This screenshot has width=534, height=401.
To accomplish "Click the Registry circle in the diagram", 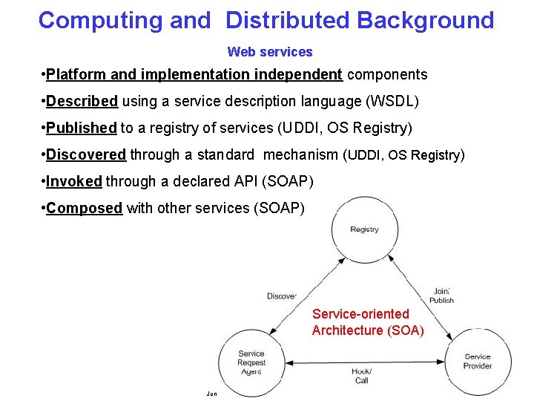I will (364, 229).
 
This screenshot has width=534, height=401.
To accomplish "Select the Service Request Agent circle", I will (251, 362).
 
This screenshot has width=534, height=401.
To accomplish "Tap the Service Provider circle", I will (478, 361).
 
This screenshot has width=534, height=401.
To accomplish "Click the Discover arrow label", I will (282, 296).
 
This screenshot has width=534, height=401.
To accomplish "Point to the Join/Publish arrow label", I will (441, 296).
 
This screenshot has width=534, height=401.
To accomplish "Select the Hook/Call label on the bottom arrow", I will (361, 375).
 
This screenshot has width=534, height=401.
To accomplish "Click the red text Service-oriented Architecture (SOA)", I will (368, 322).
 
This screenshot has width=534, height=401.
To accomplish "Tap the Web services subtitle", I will (270, 52).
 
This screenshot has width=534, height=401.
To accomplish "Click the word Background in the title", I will (425, 20).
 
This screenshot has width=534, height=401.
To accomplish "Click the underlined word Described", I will (82, 101).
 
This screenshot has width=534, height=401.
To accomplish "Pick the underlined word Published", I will (81, 128).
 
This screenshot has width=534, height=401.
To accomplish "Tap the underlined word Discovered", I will (86, 154).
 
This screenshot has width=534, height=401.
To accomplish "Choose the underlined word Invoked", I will (73, 181).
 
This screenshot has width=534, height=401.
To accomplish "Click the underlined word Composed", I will (84, 208).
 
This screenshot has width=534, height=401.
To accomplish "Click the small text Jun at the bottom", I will (211, 394).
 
